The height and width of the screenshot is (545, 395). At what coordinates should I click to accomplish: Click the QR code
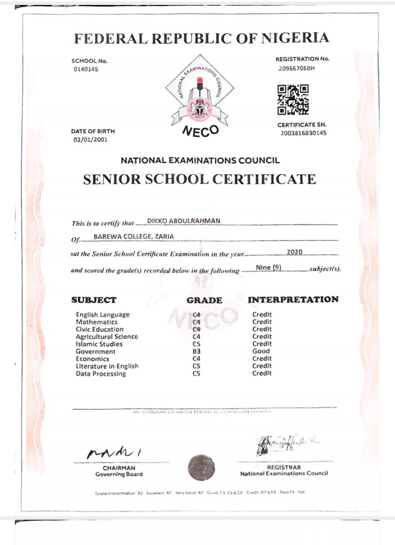292,99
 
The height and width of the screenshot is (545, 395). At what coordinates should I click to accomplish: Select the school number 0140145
85,69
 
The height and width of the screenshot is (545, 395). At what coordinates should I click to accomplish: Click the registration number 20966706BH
297,68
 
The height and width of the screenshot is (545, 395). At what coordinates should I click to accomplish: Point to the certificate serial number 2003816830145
303,133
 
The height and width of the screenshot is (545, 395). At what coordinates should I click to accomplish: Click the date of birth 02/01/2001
91,140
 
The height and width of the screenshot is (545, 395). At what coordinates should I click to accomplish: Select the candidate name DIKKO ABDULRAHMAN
183,221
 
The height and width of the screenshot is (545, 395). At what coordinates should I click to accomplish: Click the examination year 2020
294,252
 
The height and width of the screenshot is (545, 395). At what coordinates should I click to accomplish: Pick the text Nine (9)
269,268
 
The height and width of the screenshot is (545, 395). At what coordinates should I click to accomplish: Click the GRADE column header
204,301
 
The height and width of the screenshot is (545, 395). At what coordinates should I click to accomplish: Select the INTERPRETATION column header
293,299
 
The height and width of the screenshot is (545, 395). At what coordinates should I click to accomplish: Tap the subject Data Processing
101,374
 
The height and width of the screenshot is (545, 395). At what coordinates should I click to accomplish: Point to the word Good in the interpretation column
261,352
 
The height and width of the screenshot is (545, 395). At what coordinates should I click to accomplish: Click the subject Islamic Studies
99,344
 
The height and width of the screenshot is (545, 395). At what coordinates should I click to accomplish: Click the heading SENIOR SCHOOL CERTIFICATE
199,179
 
